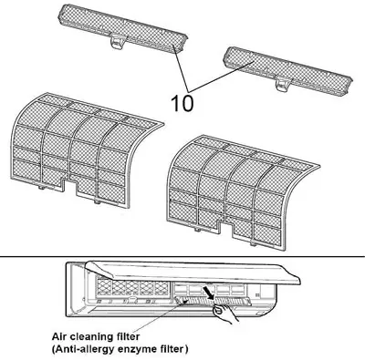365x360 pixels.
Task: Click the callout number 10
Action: pos(182,103)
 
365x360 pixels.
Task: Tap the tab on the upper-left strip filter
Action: pos(117,41)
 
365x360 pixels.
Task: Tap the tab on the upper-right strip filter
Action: pos(283,84)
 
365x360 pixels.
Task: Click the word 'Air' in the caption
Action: pos(59,336)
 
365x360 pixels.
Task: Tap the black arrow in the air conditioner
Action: pos(209,293)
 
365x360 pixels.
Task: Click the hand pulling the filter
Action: pos(225,314)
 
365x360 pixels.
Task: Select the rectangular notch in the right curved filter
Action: pos(226,229)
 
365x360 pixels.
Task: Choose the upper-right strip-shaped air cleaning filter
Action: pos(287,70)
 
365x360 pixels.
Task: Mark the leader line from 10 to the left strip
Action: pos(181,68)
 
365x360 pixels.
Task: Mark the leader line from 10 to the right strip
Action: pos(221,77)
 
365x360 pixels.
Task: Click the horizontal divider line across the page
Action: pos(182,256)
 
